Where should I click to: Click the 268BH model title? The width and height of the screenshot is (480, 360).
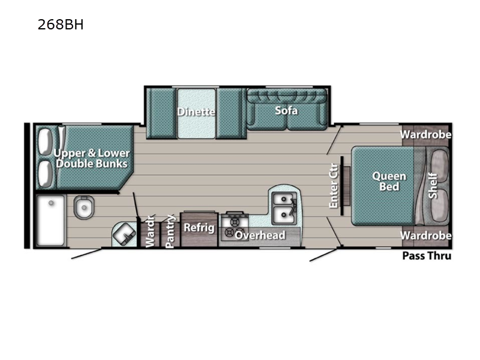click(x=60, y=25)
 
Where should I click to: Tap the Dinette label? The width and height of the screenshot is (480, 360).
click(x=196, y=111)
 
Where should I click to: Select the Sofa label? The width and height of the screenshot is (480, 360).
click(x=286, y=110)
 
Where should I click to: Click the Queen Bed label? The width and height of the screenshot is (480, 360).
click(x=389, y=181)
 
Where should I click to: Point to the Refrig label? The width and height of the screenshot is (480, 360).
click(x=199, y=227)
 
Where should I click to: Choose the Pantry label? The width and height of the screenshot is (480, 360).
click(x=170, y=231)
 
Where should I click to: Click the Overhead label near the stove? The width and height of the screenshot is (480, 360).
click(x=260, y=235)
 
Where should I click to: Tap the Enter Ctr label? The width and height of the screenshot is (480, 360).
click(x=334, y=186)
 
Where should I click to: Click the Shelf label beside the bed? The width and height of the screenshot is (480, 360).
click(x=433, y=185)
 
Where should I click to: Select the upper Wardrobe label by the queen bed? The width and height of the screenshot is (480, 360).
click(x=426, y=134)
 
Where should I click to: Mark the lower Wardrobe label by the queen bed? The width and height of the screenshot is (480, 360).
click(x=426, y=235)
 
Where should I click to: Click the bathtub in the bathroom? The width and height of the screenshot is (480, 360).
click(x=50, y=220)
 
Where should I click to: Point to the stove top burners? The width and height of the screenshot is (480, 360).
click(x=232, y=225)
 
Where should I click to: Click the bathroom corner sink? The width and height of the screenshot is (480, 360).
click(x=125, y=234)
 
